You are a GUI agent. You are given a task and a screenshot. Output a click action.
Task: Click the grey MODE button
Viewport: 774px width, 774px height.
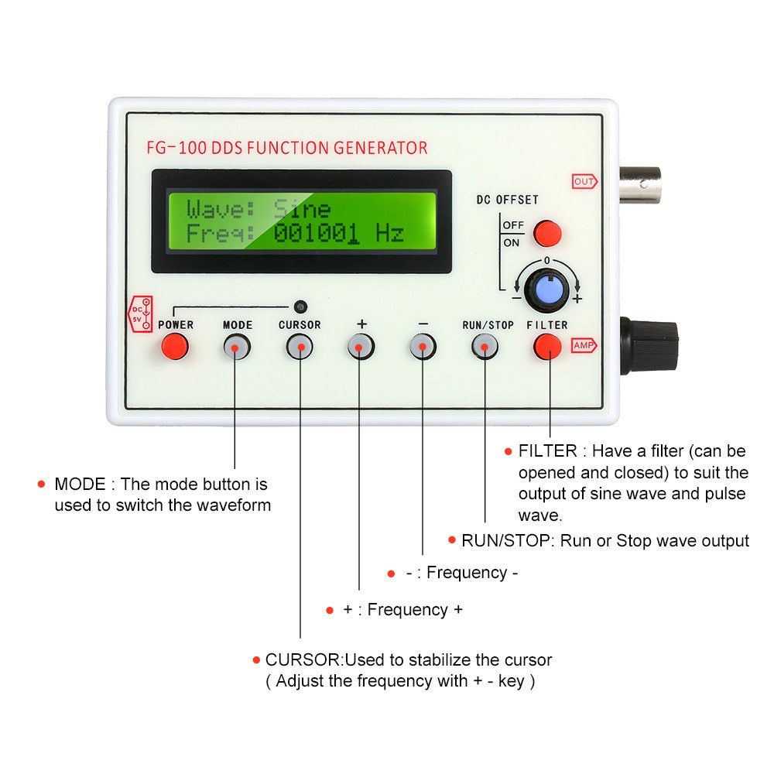[237, 348]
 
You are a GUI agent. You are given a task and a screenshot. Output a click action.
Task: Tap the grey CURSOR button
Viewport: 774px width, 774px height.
[299, 348]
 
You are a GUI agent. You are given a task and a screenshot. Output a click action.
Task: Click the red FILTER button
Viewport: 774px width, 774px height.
[547, 347]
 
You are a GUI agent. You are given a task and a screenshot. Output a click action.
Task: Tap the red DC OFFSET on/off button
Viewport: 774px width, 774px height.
[548, 232]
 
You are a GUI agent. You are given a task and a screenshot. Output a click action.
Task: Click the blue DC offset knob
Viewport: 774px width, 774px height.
[546, 289]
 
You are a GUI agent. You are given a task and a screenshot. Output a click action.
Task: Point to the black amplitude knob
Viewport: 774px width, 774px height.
[649, 345]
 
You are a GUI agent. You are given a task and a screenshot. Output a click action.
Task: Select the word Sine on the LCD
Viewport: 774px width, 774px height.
[302, 209]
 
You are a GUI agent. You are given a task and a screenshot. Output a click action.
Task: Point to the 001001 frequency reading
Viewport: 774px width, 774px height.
[316, 234]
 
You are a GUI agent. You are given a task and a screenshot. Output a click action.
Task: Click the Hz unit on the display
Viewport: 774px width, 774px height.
[390, 234]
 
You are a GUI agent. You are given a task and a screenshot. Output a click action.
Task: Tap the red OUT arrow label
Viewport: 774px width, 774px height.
[584, 182]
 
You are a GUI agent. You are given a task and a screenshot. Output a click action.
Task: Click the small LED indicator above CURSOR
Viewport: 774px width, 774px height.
[300, 306]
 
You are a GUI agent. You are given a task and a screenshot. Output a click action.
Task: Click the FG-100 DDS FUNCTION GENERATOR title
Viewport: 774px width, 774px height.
[286, 148]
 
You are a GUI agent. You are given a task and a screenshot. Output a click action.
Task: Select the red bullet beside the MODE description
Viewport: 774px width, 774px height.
[41, 485]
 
